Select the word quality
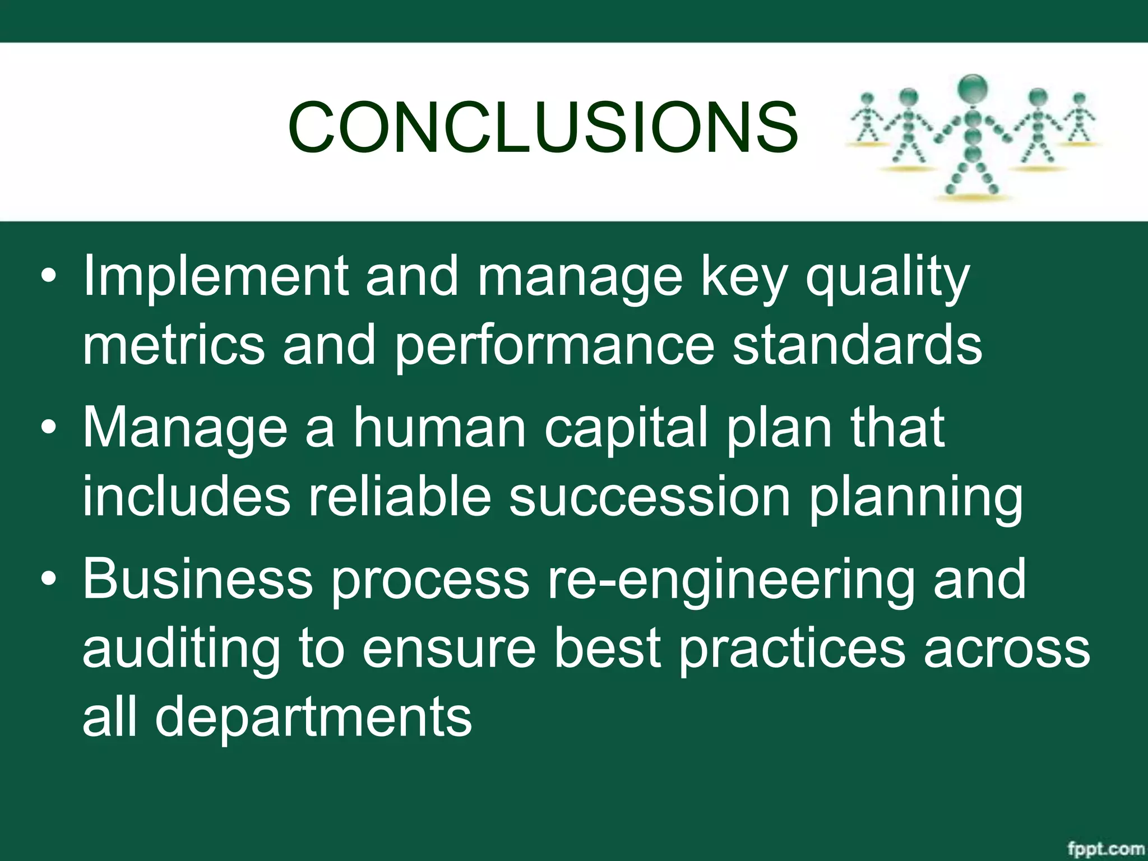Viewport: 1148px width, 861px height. point(887,277)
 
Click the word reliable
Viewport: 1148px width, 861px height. point(399,496)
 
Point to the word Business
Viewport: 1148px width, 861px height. point(197,579)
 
